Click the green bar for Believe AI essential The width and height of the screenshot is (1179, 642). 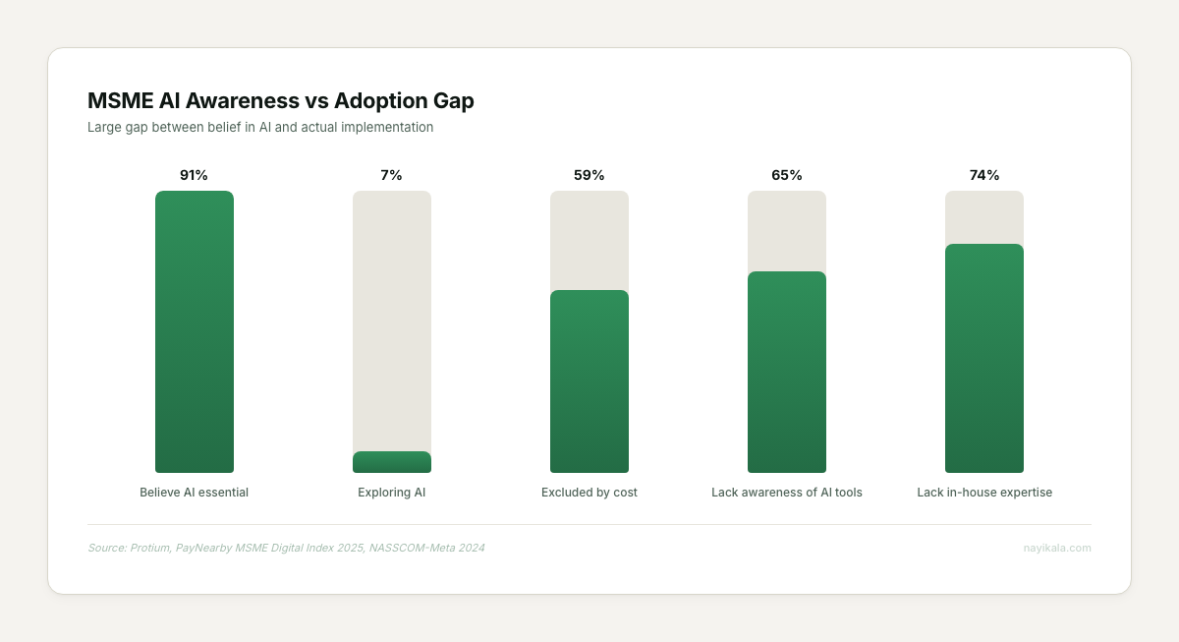[x=195, y=332]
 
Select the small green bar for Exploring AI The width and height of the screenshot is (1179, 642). [x=392, y=462]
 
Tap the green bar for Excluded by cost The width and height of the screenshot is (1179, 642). [x=589, y=381]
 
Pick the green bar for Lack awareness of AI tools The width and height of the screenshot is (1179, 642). [x=787, y=372]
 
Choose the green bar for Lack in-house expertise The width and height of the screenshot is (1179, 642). [x=984, y=358]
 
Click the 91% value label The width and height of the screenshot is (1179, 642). [x=195, y=175]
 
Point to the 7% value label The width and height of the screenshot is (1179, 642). [x=392, y=175]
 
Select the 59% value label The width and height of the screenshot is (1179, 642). [x=589, y=175]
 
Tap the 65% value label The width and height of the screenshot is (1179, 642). [x=787, y=175]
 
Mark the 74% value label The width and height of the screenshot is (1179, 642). [x=984, y=175]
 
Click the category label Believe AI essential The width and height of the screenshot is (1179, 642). [x=195, y=493]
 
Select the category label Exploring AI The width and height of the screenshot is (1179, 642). [x=392, y=493]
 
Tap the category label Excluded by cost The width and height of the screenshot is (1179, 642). [x=589, y=493]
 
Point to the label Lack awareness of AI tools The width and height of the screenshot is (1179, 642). [x=787, y=493]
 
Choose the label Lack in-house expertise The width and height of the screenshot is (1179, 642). [x=984, y=493]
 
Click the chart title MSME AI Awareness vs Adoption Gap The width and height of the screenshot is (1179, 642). [x=281, y=100]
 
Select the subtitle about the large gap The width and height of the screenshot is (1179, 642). [x=260, y=127]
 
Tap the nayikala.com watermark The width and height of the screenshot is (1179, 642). [x=1057, y=548]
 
